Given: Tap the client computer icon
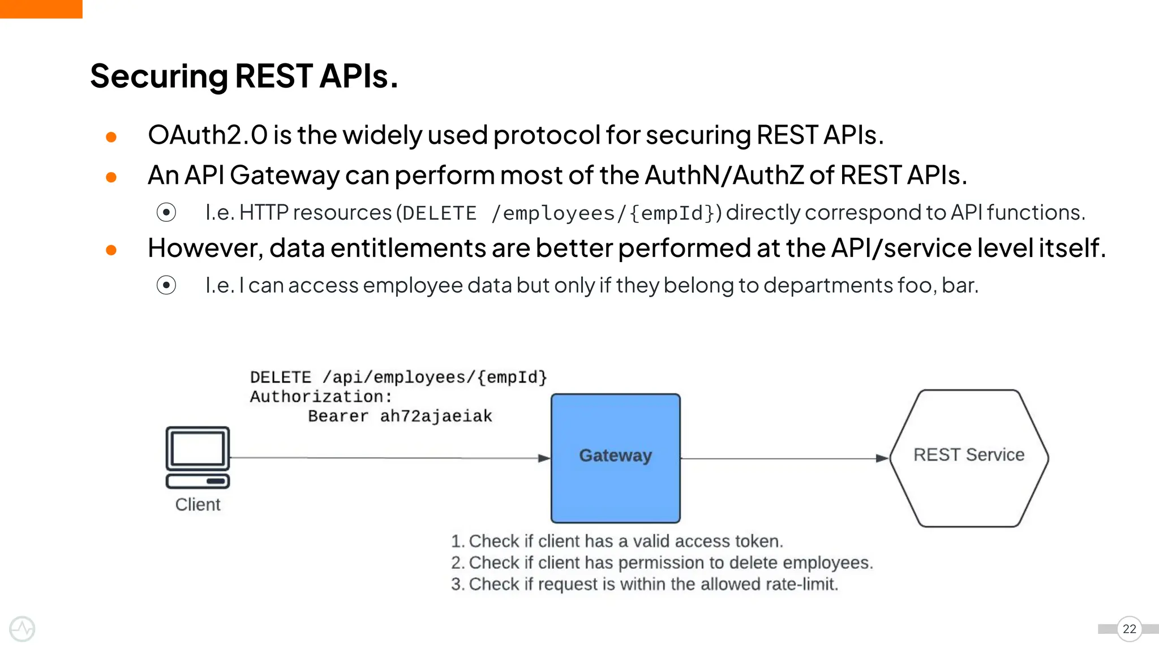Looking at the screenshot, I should (198, 457).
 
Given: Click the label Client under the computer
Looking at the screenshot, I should (198, 504).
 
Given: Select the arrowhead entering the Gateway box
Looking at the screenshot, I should (544, 458).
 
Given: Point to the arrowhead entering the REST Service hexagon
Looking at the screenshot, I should (882, 458).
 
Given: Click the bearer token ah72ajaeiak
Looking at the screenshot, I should (436, 416).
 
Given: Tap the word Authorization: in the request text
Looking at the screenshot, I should (321, 396).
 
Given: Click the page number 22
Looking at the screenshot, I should (1129, 629).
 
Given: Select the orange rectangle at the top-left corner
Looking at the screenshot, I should (41, 9).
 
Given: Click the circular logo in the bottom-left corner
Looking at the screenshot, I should (22, 629).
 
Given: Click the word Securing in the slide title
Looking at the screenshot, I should (158, 76).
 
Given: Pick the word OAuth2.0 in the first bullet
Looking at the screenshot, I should (207, 135).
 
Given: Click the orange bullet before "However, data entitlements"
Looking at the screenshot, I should (111, 250).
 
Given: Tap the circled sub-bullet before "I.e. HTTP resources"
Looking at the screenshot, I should (166, 212).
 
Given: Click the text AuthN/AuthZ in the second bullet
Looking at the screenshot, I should (724, 175).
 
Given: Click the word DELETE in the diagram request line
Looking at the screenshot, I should (281, 377).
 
